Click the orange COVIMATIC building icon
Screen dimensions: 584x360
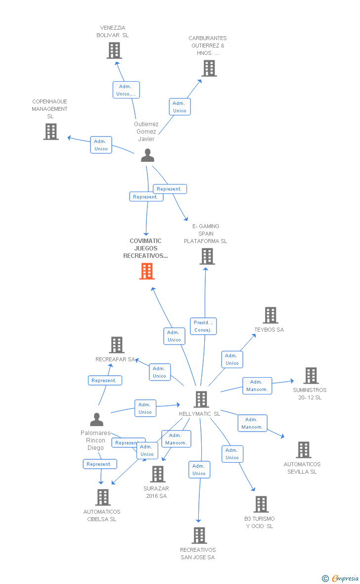147,271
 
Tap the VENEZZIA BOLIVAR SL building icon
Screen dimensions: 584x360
114,50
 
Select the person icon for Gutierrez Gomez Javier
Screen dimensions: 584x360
147,155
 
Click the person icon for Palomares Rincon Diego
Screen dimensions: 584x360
97,420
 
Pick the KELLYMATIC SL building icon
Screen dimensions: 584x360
201,399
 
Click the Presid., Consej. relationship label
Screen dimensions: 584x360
203,326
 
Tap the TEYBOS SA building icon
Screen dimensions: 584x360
270,315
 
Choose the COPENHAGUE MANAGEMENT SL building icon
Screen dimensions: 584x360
51,132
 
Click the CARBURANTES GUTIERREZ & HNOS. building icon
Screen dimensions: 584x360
209,68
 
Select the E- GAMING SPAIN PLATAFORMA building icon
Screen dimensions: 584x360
207,256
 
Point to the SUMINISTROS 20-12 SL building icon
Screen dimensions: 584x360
311,376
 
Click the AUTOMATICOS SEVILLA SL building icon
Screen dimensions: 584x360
303,450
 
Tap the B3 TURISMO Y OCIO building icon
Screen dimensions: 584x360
261,504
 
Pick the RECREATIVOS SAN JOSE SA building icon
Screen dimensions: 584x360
199,535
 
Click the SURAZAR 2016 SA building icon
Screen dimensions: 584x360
157,474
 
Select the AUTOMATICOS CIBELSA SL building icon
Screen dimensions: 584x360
102,497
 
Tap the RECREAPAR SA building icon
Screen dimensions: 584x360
116,345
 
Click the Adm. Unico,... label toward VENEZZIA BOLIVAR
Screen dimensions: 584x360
126,90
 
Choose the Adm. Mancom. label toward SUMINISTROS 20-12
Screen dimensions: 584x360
257,386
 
